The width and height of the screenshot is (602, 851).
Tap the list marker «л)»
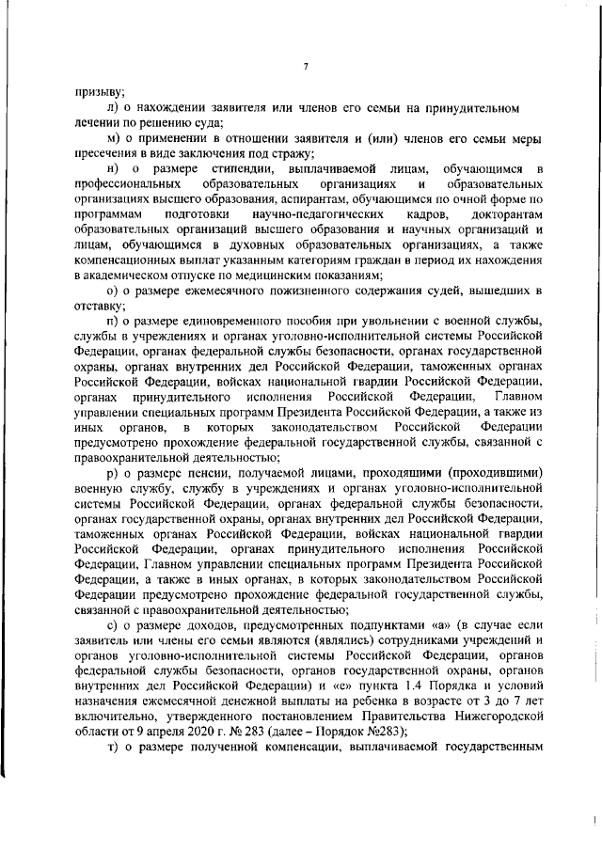(x=113, y=108)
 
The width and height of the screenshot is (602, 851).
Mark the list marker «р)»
(x=113, y=473)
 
